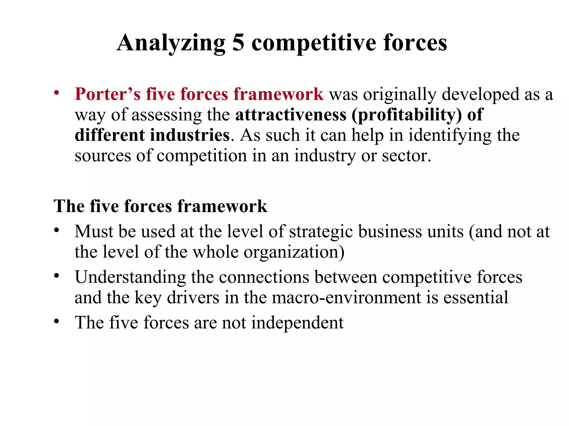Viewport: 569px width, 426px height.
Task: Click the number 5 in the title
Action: click(x=238, y=43)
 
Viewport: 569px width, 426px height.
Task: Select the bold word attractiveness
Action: click(x=291, y=115)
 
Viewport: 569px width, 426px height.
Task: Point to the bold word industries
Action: click(x=190, y=135)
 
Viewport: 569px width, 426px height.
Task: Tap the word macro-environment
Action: click(x=346, y=298)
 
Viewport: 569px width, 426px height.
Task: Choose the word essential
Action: click(x=476, y=298)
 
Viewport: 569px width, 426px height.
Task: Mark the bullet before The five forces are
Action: click(x=57, y=321)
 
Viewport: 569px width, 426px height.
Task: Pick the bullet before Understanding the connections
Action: click(x=57, y=275)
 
